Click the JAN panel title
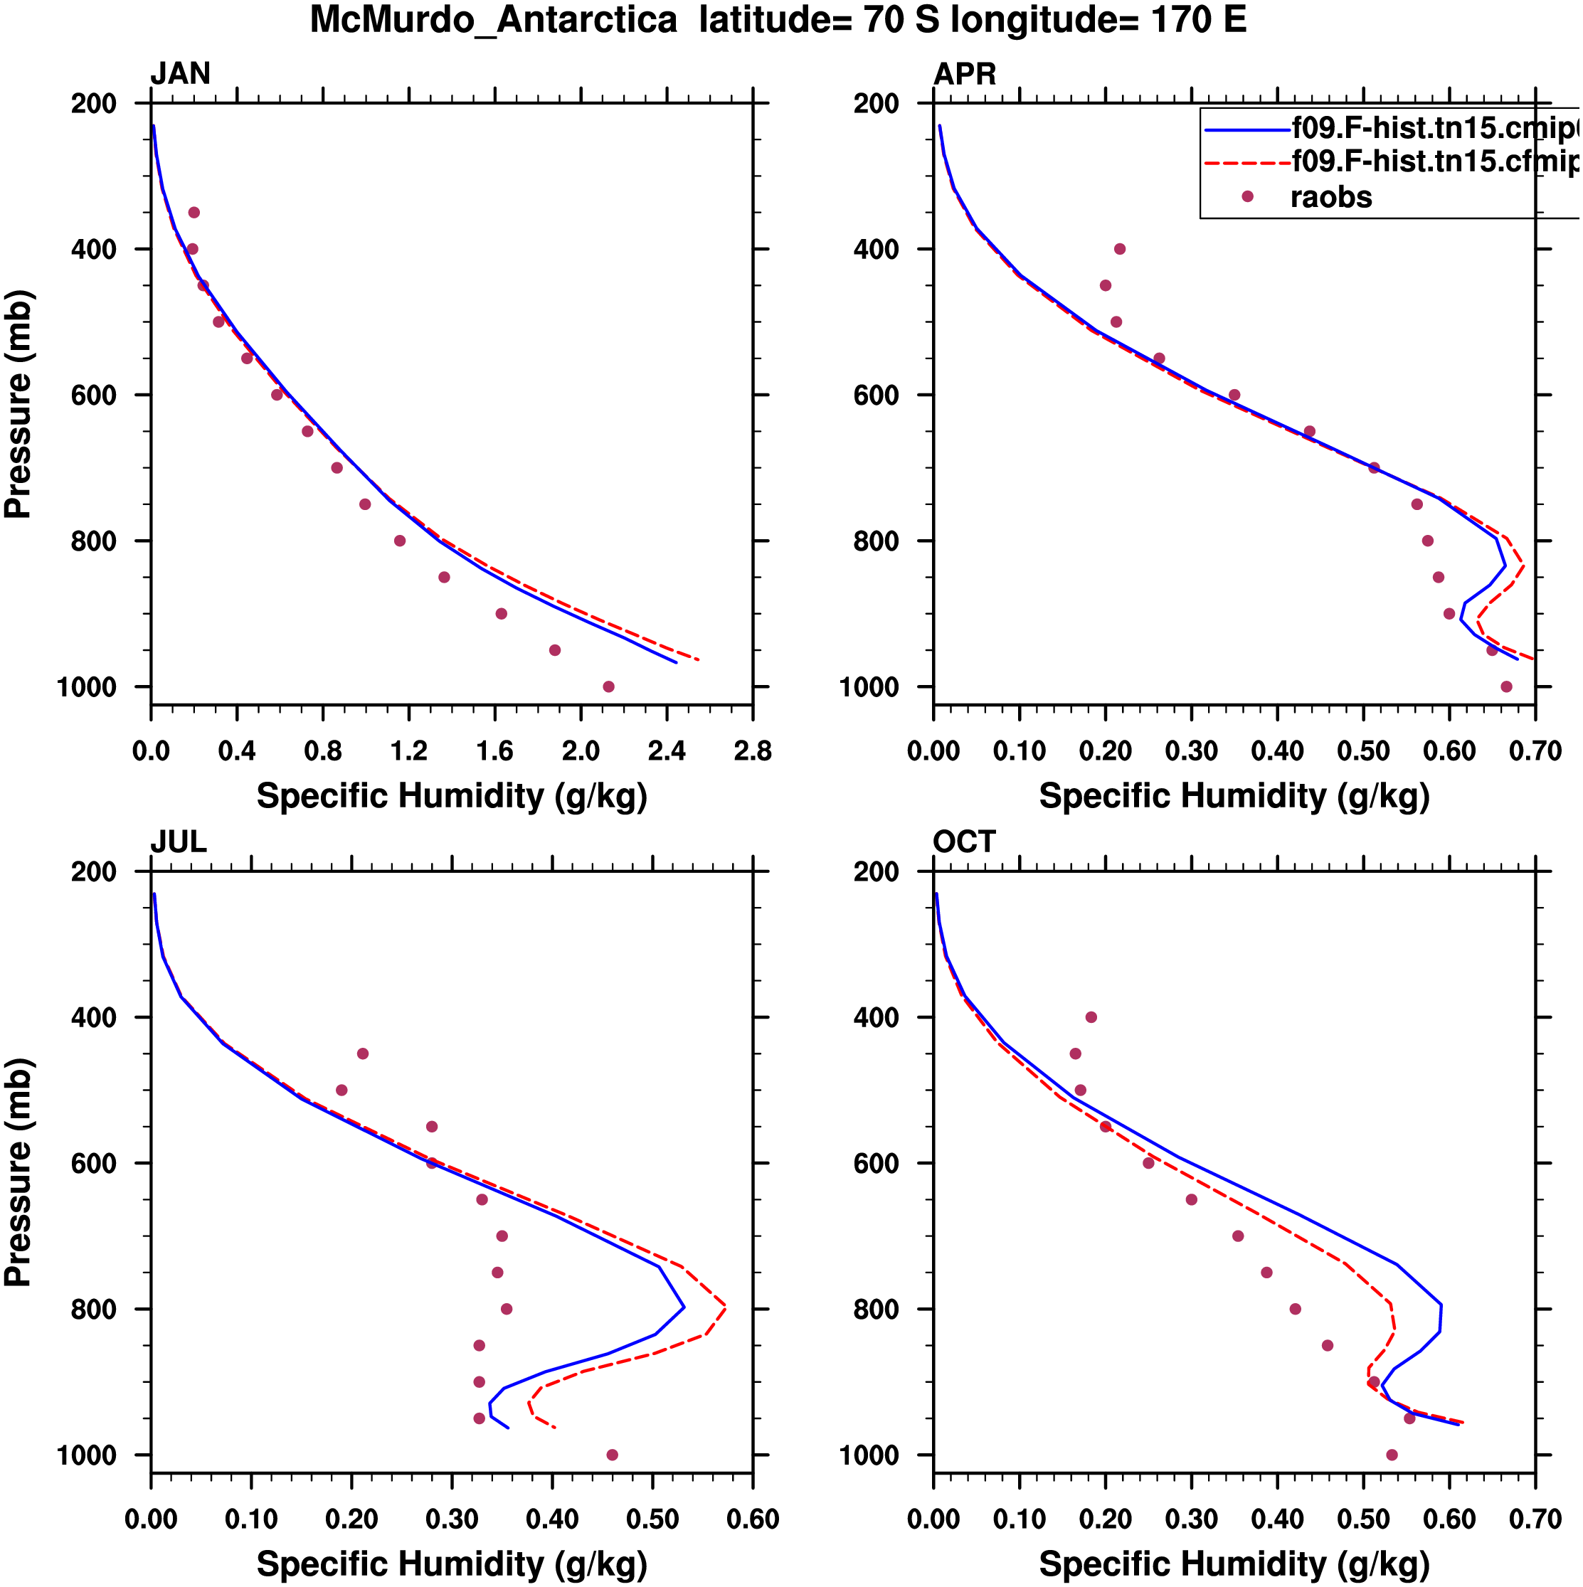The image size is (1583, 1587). [x=180, y=74]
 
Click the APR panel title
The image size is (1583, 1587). [x=965, y=74]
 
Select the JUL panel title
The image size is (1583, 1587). [x=179, y=842]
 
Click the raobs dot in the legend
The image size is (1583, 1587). [x=1247, y=196]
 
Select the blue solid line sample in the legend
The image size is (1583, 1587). [x=1247, y=129]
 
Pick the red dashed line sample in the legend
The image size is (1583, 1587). [x=1247, y=163]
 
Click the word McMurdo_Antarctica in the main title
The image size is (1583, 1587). [x=493, y=20]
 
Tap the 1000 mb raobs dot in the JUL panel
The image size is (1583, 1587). [x=612, y=1455]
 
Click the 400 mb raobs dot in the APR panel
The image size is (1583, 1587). [x=1120, y=249]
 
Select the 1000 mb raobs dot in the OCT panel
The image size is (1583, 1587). [x=1392, y=1455]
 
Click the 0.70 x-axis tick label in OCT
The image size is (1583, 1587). [x=1535, y=1519]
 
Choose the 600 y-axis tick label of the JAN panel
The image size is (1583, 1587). [x=94, y=395]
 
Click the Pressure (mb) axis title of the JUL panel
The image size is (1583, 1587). [x=18, y=1172]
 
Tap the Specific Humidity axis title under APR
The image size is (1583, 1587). [x=1234, y=796]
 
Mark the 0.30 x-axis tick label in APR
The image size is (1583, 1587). [x=1191, y=750]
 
